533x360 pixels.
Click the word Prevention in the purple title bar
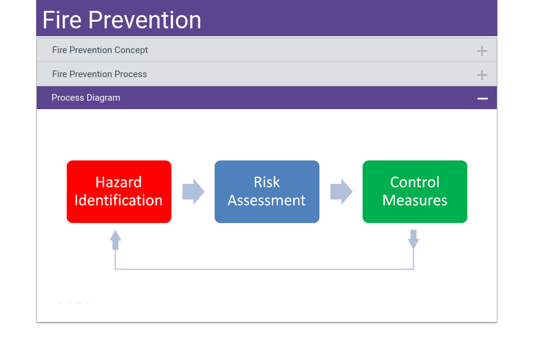coord(145,20)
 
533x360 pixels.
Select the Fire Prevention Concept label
coord(100,50)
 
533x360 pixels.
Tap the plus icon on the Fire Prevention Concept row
coord(482,51)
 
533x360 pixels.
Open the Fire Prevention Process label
coord(99,74)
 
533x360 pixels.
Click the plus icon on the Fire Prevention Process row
coord(482,75)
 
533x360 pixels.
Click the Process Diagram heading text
coord(86,98)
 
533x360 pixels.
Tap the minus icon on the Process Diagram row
coord(482,98)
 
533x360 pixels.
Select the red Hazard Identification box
coord(119,192)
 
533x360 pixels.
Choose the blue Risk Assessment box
coord(267,192)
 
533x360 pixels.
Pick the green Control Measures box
coord(415,192)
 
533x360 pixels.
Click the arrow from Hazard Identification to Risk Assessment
coord(194,192)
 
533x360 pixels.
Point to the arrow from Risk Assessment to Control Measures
coord(341,192)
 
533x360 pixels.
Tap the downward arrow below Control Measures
coord(414,239)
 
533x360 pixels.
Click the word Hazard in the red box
coord(119,183)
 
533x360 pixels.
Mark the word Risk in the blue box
coord(267,183)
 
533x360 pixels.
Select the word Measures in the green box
coord(415,201)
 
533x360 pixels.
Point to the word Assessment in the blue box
coord(267,201)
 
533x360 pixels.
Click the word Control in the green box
coord(415,183)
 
